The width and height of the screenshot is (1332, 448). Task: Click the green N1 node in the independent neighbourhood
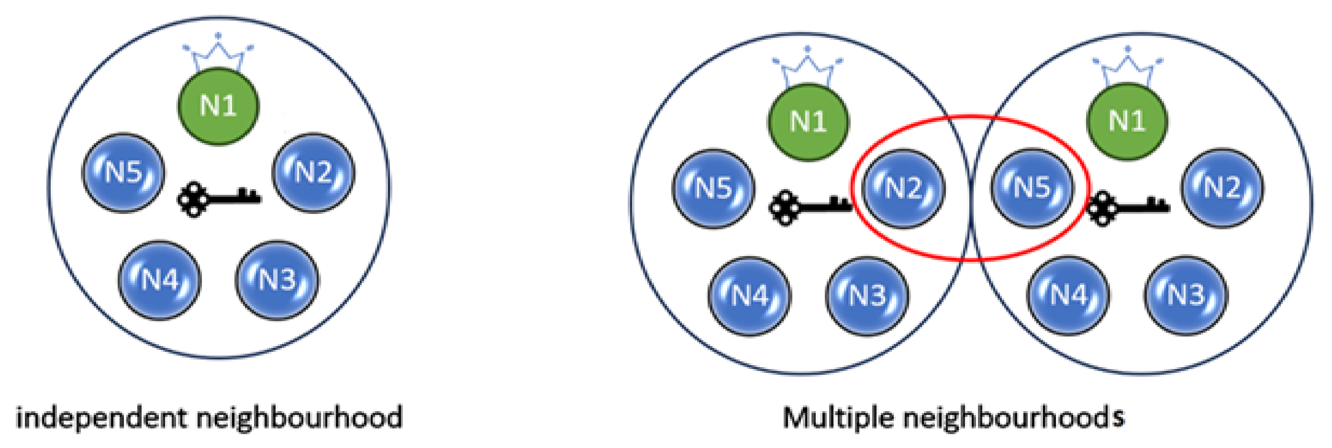pos(218,107)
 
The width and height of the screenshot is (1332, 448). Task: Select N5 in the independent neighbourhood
pos(123,173)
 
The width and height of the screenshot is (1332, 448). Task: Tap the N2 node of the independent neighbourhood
pos(313,173)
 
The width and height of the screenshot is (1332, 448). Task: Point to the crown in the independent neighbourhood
pos(218,54)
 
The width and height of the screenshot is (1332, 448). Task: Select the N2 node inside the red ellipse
pos(903,188)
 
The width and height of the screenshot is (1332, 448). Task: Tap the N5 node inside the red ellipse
pos(1032,187)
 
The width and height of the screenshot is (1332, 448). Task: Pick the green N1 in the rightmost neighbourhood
pos(1127,121)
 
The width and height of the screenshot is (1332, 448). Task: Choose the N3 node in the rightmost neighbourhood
pos(1186,295)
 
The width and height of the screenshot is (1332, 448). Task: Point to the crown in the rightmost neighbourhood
pos(1127,67)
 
